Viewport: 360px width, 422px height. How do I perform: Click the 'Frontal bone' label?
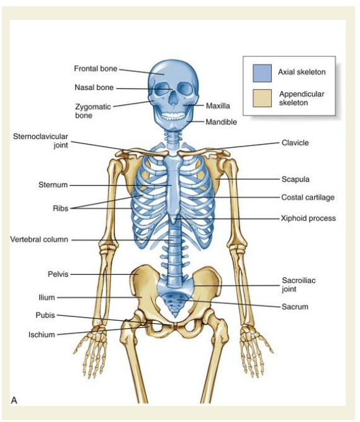(96, 69)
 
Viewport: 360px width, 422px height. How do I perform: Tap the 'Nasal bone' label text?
(94, 88)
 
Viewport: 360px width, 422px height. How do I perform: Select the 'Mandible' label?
(221, 122)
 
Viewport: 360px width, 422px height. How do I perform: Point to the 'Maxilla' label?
(218, 105)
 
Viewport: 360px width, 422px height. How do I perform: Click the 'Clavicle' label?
(295, 143)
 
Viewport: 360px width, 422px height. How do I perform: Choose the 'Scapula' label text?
(295, 179)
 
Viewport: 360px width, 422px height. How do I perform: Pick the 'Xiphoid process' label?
(308, 218)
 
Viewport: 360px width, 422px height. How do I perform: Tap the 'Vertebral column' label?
(39, 240)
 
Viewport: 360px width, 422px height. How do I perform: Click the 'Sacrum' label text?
(295, 307)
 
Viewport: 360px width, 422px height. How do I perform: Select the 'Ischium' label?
(42, 334)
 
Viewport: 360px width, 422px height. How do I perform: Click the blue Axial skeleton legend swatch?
(262, 73)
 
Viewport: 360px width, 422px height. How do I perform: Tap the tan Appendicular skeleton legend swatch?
(262, 98)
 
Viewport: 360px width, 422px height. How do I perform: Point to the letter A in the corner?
(14, 400)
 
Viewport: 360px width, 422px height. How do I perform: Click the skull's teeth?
(173, 116)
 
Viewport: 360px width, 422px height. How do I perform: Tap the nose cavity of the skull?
(174, 99)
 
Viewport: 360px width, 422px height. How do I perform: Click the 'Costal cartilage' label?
(308, 197)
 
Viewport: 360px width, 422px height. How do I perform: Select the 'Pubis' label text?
(45, 315)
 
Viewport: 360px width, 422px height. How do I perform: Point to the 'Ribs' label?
(60, 209)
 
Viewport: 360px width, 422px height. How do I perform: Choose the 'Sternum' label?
(53, 185)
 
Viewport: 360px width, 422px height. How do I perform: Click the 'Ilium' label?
(47, 297)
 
